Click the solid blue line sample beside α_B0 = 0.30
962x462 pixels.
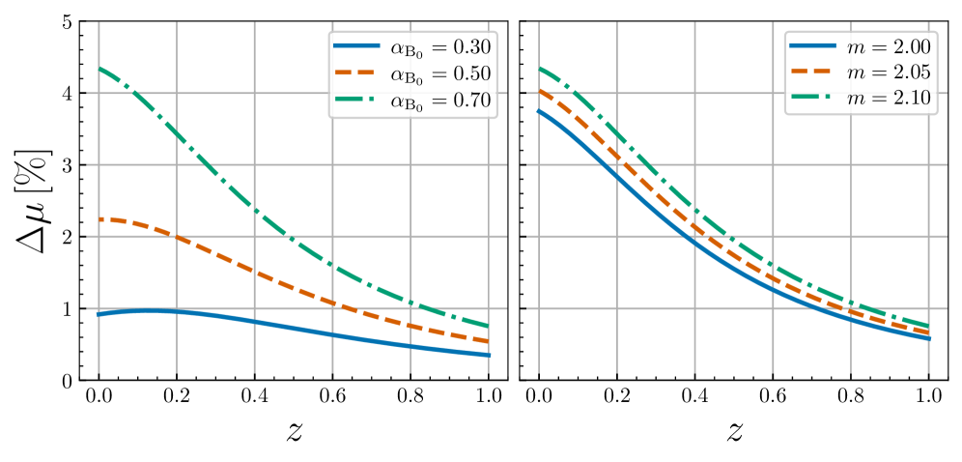pyautogui.click(x=357, y=45)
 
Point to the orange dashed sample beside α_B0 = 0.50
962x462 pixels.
pyautogui.click(x=357, y=72)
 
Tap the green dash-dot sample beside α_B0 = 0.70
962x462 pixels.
pyautogui.click(x=357, y=100)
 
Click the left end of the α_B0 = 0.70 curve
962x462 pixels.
pyautogui.click(x=99, y=69)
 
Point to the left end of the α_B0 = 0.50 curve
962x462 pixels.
pyautogui.click(x=99, y=219)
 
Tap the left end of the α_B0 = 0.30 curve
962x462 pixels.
pyautogui.click(x=99, y=314)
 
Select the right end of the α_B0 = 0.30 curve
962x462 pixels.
pyautogui.click(x=489, y=355)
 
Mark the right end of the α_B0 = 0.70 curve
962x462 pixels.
pyautogui.click(x=489, y=326)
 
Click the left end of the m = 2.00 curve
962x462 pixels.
pyautogui.click(x=539, y=110)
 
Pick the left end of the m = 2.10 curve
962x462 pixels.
pyautogui.click(x=539, y=68)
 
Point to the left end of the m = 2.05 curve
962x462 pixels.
pyautogui.click(x=539, y=90)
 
